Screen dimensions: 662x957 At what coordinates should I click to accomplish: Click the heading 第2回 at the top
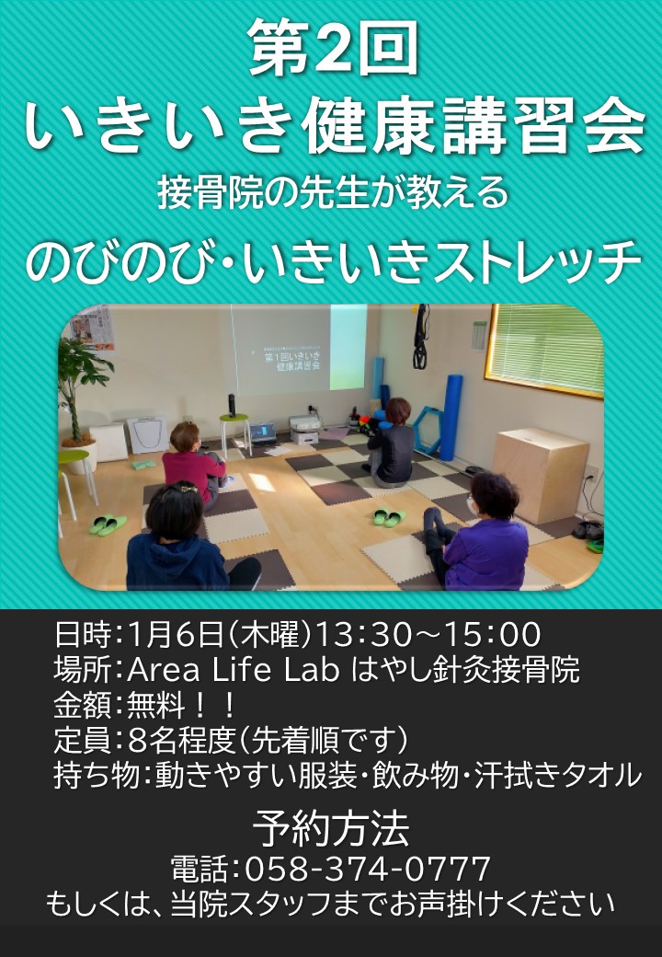[x=334, y=48]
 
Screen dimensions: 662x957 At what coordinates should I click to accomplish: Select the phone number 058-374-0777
[x=368, y=868]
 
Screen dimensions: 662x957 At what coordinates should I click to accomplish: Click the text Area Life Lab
[x=233, y=670]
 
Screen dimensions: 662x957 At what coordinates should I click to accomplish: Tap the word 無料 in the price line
[x=155, y=705]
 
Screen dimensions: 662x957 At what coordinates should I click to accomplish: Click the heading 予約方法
[x=331, y=828]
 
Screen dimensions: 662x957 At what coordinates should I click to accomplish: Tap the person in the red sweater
[x=192, y=463]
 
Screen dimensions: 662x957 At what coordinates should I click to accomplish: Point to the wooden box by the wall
[x=540, y=474]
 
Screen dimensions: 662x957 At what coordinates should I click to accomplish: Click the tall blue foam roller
[x=451, y=418]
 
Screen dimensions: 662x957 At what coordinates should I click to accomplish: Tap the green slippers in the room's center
[x=389, y=517]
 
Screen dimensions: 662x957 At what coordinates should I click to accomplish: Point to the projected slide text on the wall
[x=292, y=360]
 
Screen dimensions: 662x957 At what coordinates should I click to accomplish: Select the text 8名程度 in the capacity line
[x=182, y=741]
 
